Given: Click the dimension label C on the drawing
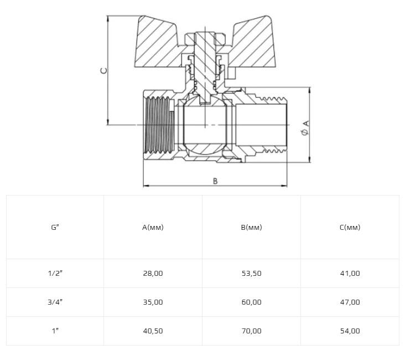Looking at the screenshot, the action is coord(104,71).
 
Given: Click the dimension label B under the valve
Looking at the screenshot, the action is coord(215,181).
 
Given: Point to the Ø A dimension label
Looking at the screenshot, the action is coord(305,128).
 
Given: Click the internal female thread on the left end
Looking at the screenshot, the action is coord(159,125).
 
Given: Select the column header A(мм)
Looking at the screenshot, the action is coord(153,227).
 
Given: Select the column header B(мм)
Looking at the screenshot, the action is coord(251,227).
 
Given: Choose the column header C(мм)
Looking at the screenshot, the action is coord(350,227).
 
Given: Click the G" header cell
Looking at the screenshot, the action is coord(55,227).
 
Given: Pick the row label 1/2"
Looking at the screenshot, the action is coord(55,273).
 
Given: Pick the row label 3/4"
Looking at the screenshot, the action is coord(55,302).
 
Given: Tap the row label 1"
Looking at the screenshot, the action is coord(55,331).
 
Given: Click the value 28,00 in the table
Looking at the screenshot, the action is coord(153,274).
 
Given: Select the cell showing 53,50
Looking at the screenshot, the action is coord(251,274).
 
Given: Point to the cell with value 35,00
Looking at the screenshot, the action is coord(153,302).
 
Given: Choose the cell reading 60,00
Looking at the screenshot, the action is coord(251,302).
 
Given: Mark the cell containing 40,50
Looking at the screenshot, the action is coord(153,331).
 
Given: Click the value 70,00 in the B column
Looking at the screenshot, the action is coord(251,331).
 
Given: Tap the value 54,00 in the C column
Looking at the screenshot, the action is coord(350,331).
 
